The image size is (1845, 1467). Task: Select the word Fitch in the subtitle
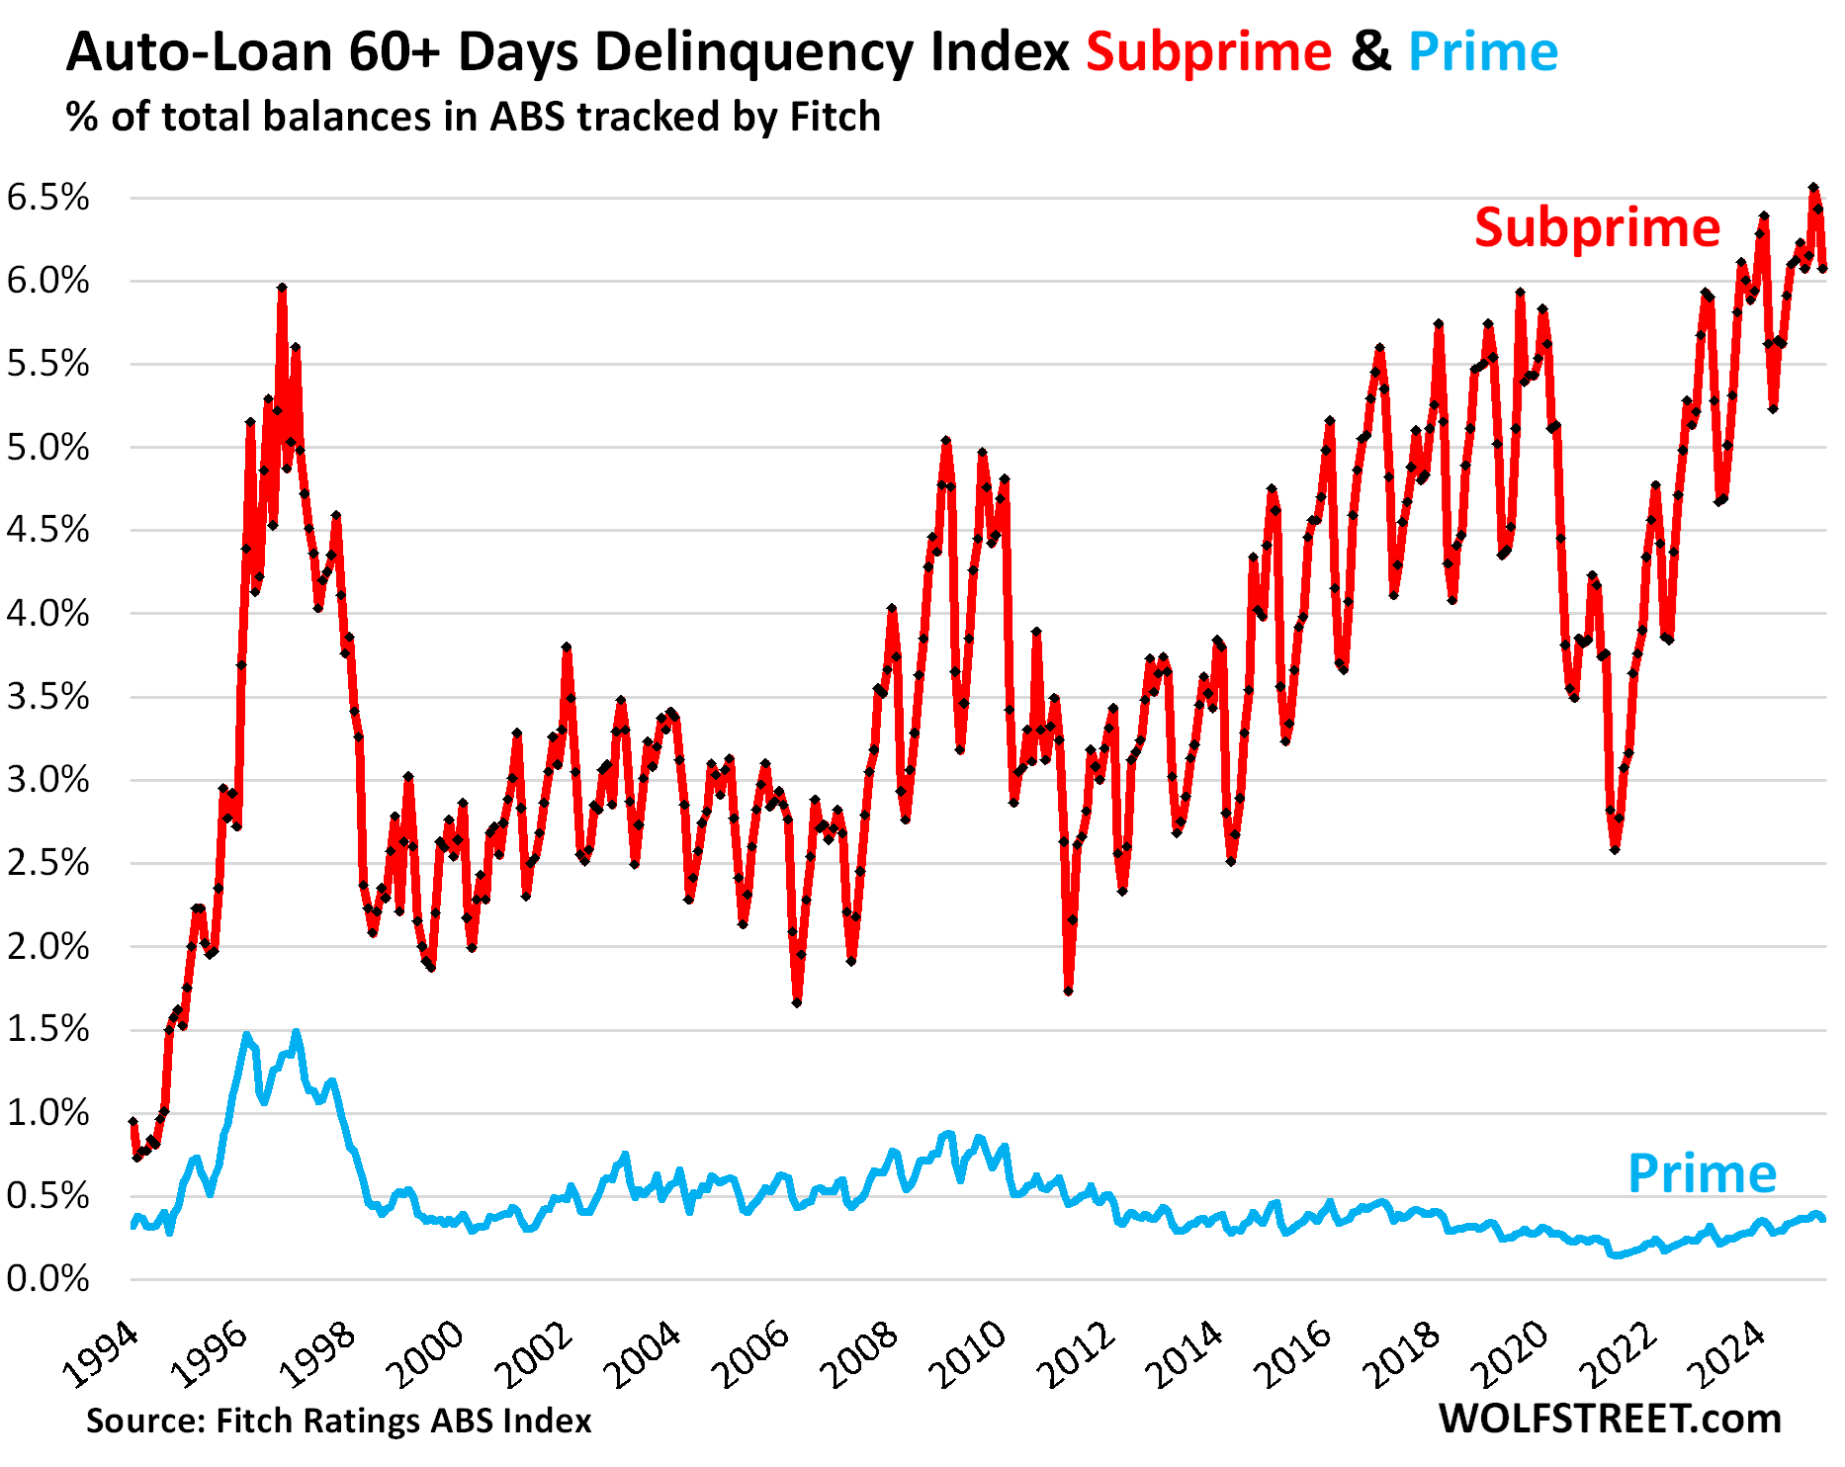pos(835,117)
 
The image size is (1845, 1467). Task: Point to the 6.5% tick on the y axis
pos(47,198)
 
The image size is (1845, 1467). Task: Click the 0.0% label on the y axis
pos(47,1279)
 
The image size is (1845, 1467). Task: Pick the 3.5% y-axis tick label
pos(47,697)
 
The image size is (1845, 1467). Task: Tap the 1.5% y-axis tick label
pos(47,1030)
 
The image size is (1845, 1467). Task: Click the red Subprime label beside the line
pos(1597,228)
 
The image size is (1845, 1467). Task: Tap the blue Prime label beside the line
pos(1702,1173)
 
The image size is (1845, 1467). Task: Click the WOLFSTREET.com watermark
pos(1609,1419)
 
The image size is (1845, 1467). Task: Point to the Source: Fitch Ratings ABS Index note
pos(338,1421)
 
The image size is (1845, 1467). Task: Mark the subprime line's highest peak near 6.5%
pos(1813,187)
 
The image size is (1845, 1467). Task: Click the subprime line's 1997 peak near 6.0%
pos(282,288)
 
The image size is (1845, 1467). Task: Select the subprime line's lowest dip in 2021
pos(1615,849)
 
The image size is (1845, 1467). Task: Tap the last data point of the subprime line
pos(1822,268)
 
